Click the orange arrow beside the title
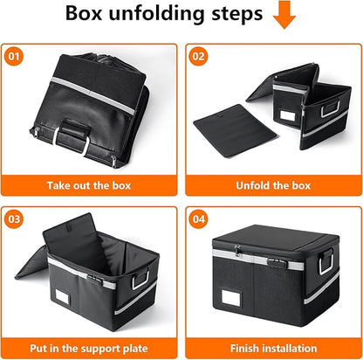(284, 15)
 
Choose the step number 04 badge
(200, 219)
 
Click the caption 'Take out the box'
(91, 185)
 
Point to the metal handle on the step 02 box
(330, 111)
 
